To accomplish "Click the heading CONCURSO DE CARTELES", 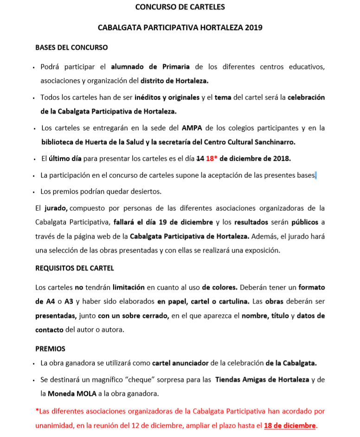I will (x=180, y=7).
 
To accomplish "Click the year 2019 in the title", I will (x=253, y=27).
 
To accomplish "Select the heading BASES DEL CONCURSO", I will (x=71, y=47).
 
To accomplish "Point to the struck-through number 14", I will (x=200, y=158).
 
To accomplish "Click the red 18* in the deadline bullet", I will (x=212, y=158).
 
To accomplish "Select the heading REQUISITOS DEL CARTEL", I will (x=75, y=268).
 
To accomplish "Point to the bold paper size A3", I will (x=69, y=301).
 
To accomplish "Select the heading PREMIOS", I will (x=50, y=348).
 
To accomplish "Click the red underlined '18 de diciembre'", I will (x=290, y=425).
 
